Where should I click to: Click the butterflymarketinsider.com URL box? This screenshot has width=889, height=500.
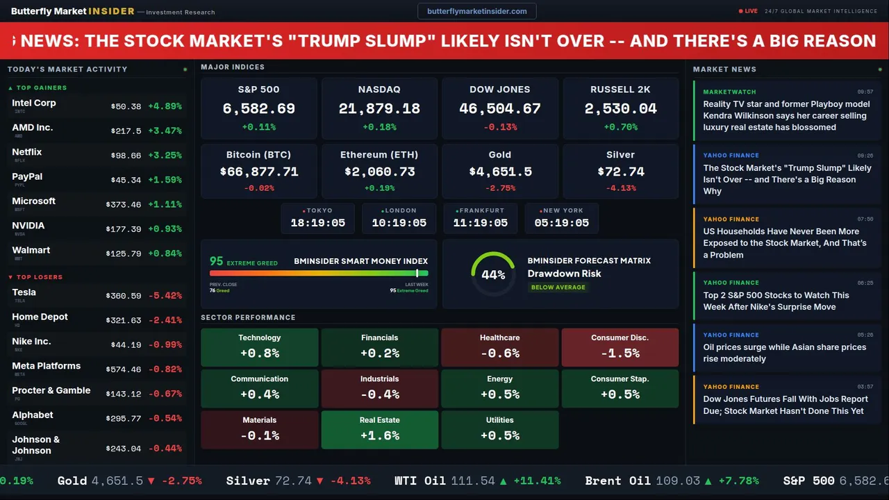pos(476,11)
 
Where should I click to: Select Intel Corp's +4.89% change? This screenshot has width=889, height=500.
pos(165,106)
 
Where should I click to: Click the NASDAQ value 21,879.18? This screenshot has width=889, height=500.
pos(379,109)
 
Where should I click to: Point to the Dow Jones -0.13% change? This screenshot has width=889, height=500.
pos(499,127)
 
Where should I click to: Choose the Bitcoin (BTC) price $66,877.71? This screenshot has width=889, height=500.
pos(259,172)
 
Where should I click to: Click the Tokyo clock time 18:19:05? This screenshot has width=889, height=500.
pos(318,223)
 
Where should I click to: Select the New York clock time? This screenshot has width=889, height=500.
pos(561,223)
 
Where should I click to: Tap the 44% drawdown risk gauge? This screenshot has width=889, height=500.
pos(493,274)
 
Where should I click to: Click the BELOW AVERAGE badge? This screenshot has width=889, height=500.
pos(558,287)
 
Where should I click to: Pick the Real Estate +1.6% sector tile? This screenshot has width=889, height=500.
pos(379,429)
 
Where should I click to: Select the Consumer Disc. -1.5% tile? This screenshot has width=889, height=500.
pos(620,347)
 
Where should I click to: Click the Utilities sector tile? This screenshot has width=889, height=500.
pos(499,429)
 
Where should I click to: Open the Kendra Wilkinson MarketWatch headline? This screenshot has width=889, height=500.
pos(786,116)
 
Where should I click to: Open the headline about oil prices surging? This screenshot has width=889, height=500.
pos(784,353)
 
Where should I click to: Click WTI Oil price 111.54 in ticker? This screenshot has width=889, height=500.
pos(472,481)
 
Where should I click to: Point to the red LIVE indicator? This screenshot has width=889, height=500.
pos(749,11)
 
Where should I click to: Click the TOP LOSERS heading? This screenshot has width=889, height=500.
pos(39,277)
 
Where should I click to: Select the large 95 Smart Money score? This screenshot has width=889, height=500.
pos(217,261)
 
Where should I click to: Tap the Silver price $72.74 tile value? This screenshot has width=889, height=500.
pos(620,172)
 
